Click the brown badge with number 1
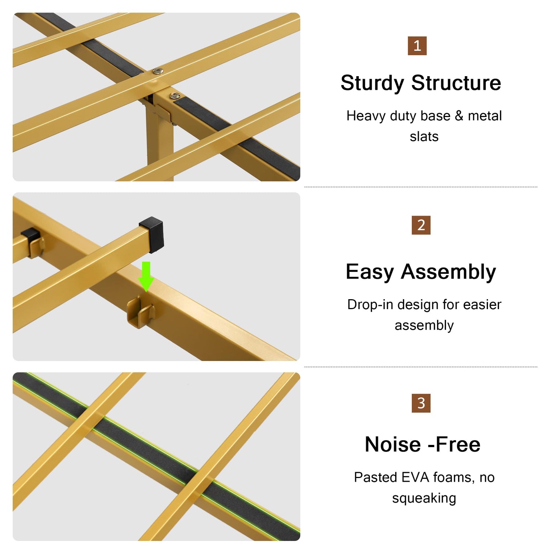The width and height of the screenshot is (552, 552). pos(417,46)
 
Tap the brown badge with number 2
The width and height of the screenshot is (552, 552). pos(421,225)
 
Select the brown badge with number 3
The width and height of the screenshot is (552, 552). pos(421,403)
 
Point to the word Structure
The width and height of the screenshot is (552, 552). pos(456,83)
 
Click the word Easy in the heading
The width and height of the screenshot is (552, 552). pos(370,273)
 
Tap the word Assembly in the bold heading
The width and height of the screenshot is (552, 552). pos(449,273)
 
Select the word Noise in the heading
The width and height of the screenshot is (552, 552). pos(393,444)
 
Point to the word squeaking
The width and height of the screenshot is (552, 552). pos(424,499)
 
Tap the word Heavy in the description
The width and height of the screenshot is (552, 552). pos(366,116)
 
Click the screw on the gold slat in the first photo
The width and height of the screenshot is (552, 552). pos(158,71)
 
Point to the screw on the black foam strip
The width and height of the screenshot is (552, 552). pos(174,96)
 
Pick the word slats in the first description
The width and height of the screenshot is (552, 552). pos(424,137)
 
